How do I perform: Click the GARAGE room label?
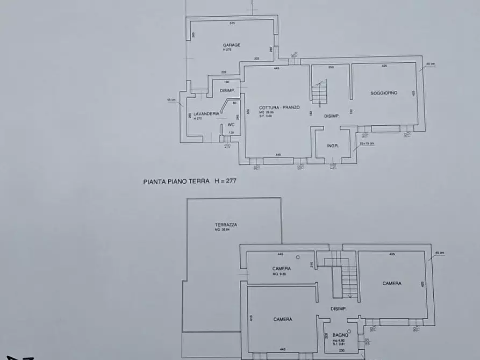pyautogui.click(x=232, y=45)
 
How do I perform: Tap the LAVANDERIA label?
pyautogui.click(x=206, y=113)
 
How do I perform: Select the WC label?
pyautogui.click(x=231, y=124)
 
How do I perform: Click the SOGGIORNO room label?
pyautogui.click(x=384, y=93)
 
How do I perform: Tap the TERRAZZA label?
pyautogui.click(x=226, y=225)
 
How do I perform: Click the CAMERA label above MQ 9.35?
pyautogui.click(x=282, y=268)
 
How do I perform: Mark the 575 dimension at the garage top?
pyautogui.click(x=232, y=24)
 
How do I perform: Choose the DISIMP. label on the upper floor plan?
pyautogui.click(x=339, y=309)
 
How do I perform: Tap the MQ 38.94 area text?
pyautogui.click(x=223, y=230)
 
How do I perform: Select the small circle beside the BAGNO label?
pyautogui.click(x=349, y=332)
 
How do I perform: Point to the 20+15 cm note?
pyautogui.click(x=367, y=144)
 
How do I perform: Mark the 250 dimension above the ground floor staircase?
pyautogui.click(x=331, y=67)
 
